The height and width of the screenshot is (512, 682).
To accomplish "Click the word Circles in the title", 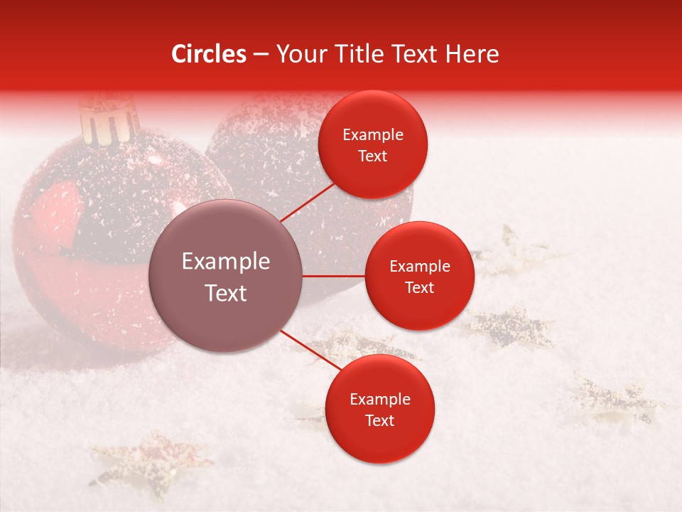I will [x=208, y=54].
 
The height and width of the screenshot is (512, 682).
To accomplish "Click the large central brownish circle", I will [x=225, y=276].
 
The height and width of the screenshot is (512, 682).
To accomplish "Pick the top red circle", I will [x=373, y=144].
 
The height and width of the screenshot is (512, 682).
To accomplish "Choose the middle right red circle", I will [x=419, y=276].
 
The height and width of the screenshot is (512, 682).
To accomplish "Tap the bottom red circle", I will [x=379, y=409].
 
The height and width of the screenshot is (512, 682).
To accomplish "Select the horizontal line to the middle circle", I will [x=333, y=276].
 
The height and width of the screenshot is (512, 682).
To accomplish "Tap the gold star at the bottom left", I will [x=149, y=459].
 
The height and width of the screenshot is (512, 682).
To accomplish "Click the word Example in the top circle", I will [x=373, y=135].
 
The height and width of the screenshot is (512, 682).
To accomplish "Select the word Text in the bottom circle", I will [x=379, y=420].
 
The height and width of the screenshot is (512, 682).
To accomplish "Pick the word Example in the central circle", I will [x=225, y=262].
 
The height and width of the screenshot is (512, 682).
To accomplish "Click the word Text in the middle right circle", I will [x=419, y=287].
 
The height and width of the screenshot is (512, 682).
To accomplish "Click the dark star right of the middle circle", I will [x=511, y=326].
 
